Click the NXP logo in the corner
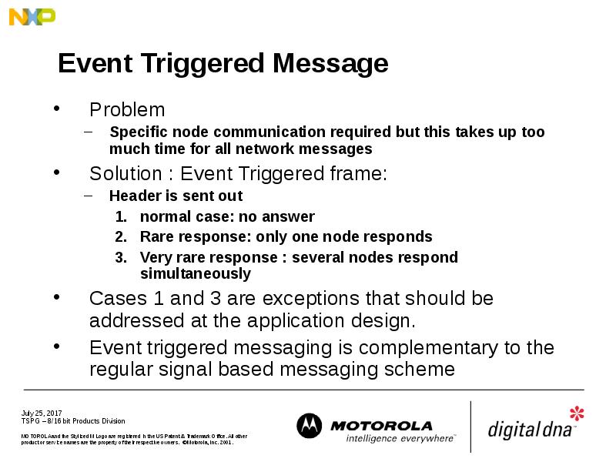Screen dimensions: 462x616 pyautogui.click(x=32, y=16)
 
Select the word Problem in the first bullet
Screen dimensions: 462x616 pyautogui.click(x=127, y=110)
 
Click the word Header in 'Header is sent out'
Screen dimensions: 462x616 pyautogui.click(x=132, y=196)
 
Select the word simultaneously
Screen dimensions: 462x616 pyautogui.click(x=196, y=273)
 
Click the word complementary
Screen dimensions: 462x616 pyautogui.click(x=423, y=348)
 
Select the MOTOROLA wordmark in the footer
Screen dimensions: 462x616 pyautogui.click(x=381, y=425)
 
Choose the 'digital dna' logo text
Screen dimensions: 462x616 pyautogui.click(x=531, y=428)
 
